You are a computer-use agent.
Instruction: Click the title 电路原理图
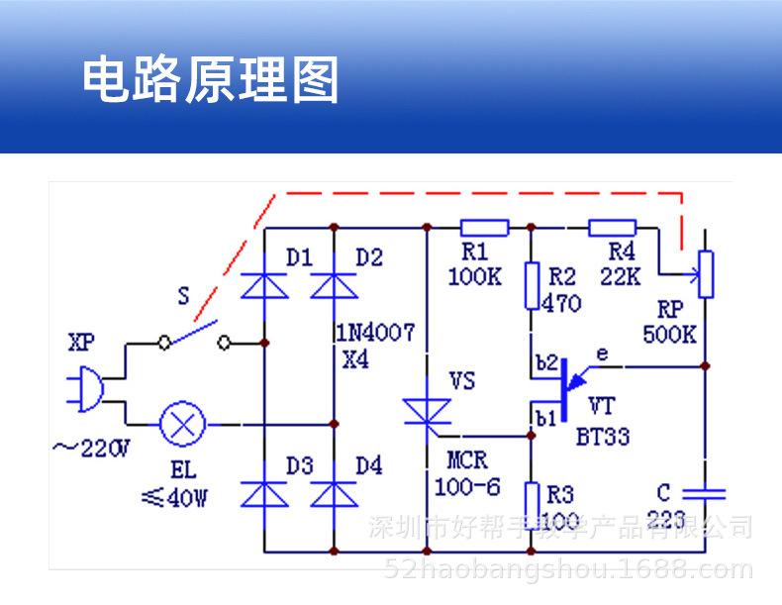pyautogui.click(x=210, y=80)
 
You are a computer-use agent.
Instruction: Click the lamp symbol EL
pyautogui.click(x=182, y=424)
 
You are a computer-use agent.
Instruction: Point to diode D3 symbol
pyautogui.click(x=264, y=492)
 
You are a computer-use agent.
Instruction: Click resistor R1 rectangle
pyautogui.click(x=484, y=229)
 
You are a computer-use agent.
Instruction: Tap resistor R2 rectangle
pyautogui.click(x=531, y=287)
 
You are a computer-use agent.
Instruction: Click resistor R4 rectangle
pyautogui.click(x=613, y=229)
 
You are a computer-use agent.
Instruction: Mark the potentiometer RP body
pyautogui.click(x=704, y=275)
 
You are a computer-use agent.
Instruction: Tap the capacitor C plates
pyautogui.click(x=704, y=492)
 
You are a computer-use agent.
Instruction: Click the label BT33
pyautogui.click(x=603, y=437)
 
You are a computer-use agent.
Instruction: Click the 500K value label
pyautogui.click(x=669, y=334)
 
